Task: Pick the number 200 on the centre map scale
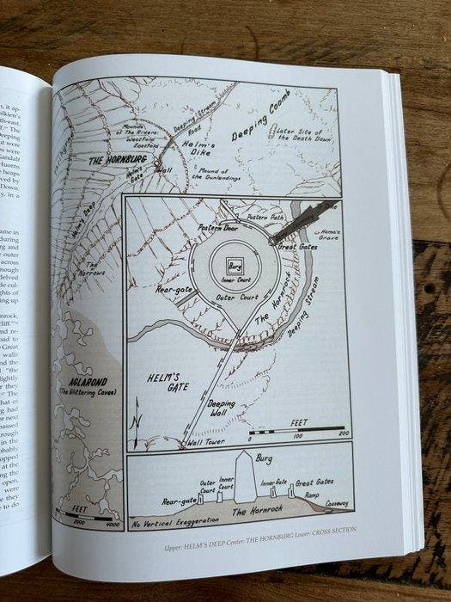(344, 435)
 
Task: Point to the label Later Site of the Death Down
(304, 133)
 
